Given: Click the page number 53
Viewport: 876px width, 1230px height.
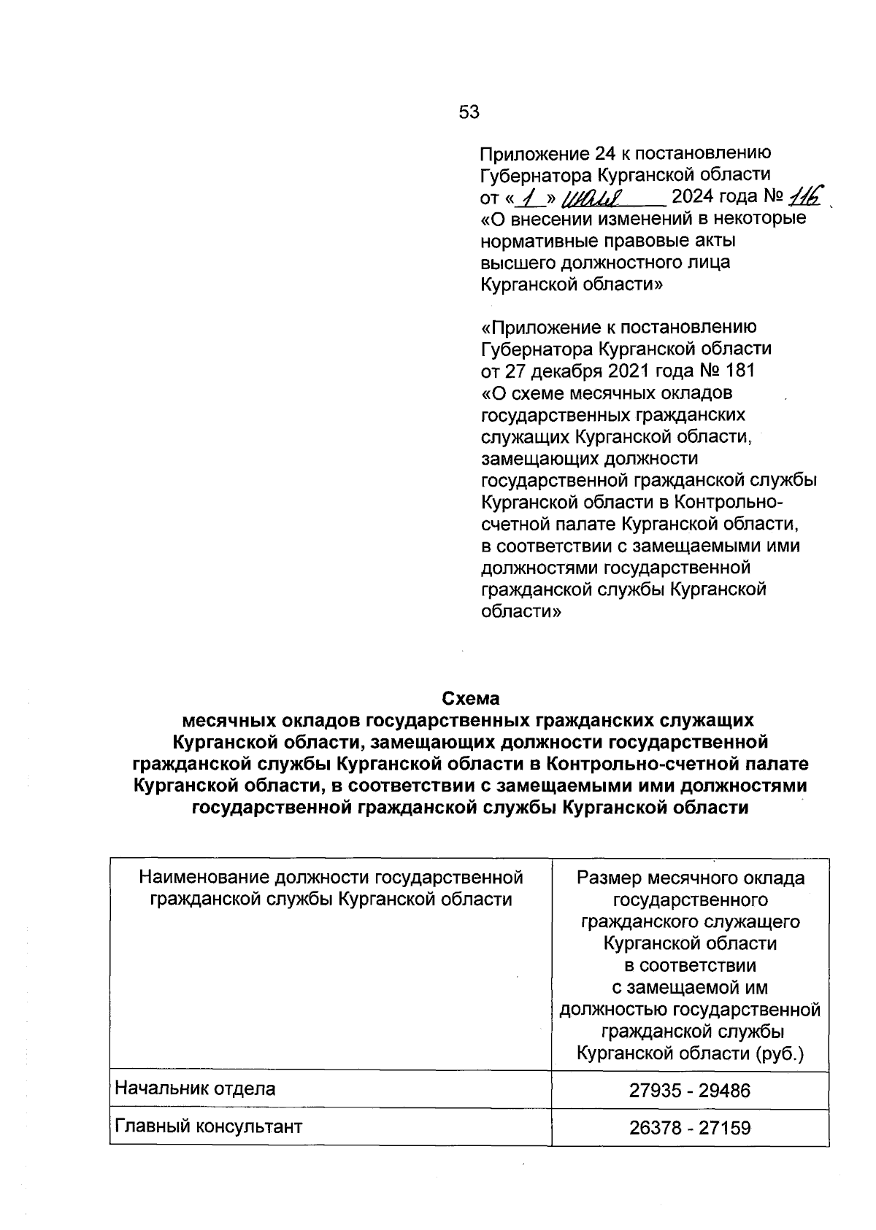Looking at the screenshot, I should (x=469, y=112).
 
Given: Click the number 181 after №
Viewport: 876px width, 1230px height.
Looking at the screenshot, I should (x=741, y=371).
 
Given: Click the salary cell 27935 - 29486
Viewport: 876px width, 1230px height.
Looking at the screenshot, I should (x=690, y=1091).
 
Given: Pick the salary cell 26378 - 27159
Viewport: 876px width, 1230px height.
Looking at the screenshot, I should (x=690, y=1129).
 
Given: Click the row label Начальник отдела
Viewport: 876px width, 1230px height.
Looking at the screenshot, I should (x=196, y=1089).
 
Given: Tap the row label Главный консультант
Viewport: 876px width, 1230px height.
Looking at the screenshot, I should (x=209, y=1126).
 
